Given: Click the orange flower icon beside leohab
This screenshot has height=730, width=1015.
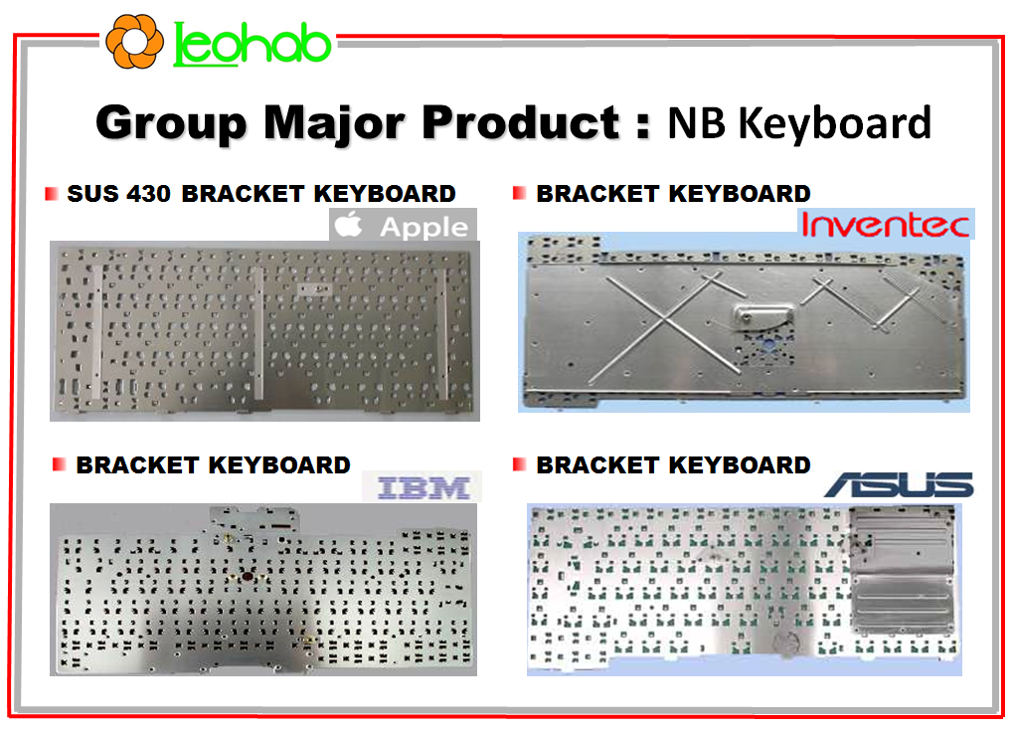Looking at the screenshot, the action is pos(134,42).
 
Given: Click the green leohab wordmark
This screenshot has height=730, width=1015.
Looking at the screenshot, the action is pos(253,44).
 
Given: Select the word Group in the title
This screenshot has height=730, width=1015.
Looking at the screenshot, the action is pos(172,123).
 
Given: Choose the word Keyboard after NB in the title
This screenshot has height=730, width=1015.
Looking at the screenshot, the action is pos(835,123).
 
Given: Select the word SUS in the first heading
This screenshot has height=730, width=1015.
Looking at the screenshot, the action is pos(93,194).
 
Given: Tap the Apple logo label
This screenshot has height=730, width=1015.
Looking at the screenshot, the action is pos(403,226).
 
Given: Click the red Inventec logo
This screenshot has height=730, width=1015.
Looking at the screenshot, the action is pos(886,224).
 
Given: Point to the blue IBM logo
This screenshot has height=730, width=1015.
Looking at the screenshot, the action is pos(423,487).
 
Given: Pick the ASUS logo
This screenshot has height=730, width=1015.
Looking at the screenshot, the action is pos(900,484).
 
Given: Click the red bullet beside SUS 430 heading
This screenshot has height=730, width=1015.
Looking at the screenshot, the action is pos(51,194).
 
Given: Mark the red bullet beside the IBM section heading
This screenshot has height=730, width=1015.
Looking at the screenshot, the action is pos(59,464).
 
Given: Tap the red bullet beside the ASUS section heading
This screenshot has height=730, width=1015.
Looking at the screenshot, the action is pos(519,464).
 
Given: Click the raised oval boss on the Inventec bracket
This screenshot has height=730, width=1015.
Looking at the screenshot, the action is pos(762,315).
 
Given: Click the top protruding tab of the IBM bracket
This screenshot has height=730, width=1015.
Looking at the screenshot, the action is pos(254,519).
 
